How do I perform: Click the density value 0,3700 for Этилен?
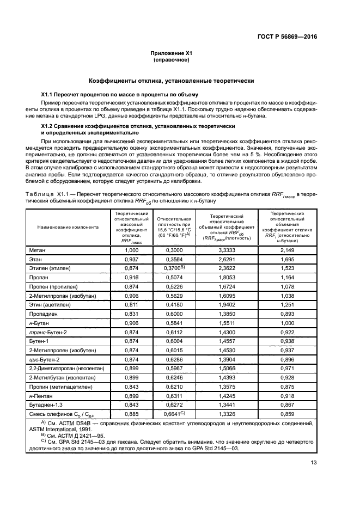[175, 268]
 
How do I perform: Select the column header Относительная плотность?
[174, 227]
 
